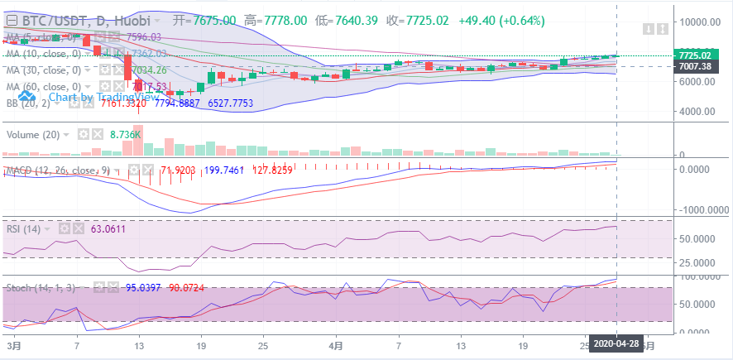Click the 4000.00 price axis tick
[x=697, y=111]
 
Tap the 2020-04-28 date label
[x=616, y=343]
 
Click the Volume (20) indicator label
[x=32, y=134]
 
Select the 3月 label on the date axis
[x=12, y=343]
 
